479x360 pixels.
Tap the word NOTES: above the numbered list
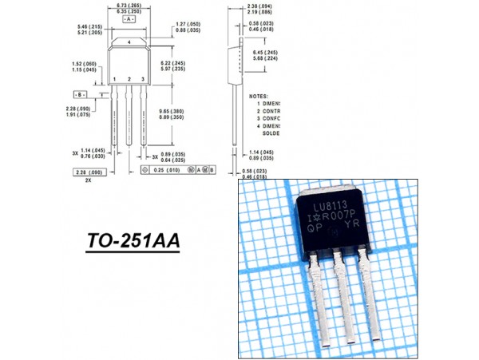[x=259, y=95]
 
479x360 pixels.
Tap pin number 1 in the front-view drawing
[x=116, y=79]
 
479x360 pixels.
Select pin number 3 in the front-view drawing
[x=142, y=79]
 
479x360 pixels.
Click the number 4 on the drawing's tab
[x=129, y=41]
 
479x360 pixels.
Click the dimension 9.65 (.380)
[x=173, y=111]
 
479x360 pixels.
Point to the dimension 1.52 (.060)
[x=85, y=63]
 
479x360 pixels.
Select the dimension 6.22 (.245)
[x=173, y=63]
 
